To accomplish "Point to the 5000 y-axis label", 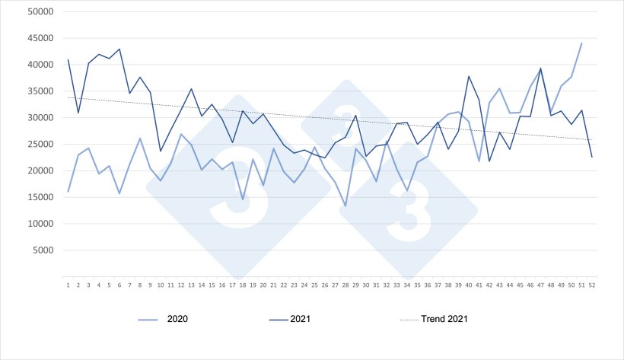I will point(42,250).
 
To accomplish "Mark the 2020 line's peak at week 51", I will point(581,43).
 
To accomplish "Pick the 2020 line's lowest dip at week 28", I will point(345,206).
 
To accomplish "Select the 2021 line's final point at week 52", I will point(592,157).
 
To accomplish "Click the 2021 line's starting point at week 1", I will point(68,59).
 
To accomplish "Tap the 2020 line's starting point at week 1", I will point(68,192).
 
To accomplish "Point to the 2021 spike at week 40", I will point(469,76).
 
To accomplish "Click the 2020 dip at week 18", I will point(243,200).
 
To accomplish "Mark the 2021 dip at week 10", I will point(161,151).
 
